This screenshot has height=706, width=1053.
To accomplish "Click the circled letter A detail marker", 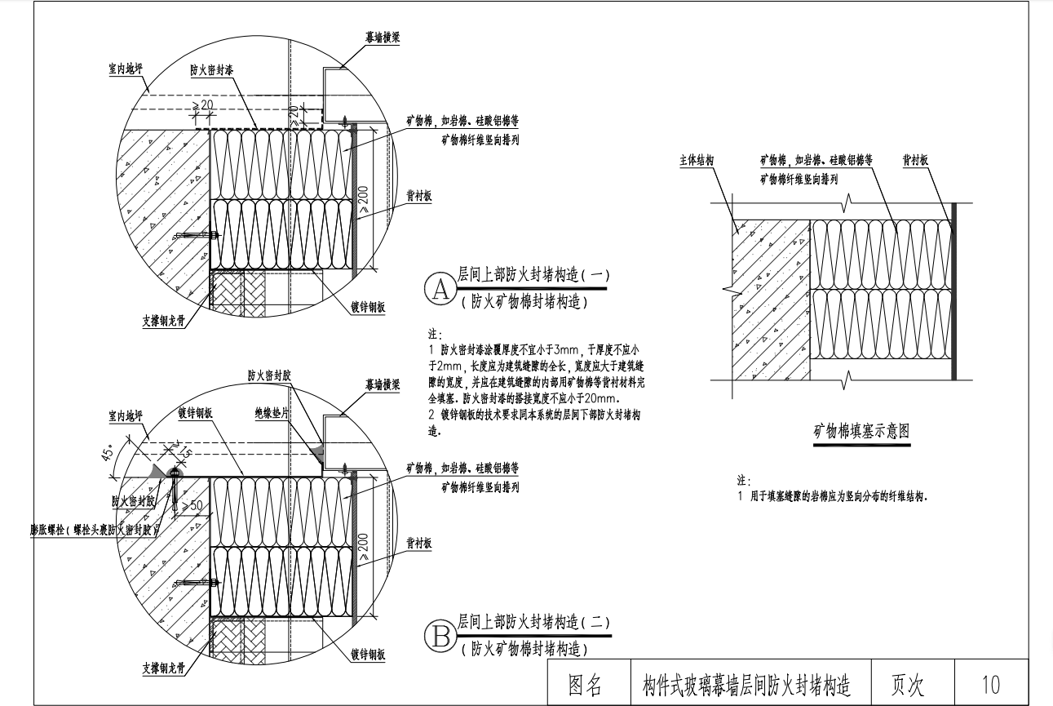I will tap(440, 289).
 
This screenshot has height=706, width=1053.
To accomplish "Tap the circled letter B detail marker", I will tap(440, 635).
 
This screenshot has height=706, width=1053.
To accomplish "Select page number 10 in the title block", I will tap(991, 685).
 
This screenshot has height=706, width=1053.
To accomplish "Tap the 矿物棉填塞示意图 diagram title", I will tap(861, 432).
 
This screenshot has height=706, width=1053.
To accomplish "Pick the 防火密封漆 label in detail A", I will tap(212, 72).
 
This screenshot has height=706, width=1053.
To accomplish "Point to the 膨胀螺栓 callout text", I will tap(91, 529).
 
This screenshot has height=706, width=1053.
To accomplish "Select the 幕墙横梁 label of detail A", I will tap(382, 38).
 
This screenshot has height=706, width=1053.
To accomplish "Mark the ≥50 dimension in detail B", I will tap(192, 506).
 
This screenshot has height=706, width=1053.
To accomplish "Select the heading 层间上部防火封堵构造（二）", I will tap(533, 622).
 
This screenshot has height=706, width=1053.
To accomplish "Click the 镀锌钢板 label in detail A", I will tap(368, 307).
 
